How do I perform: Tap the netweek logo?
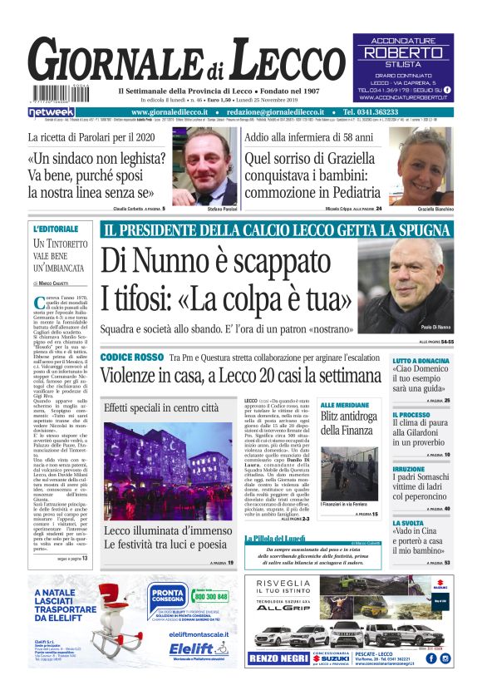pyautogui.click(x=52, y=111)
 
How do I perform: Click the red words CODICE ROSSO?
pyautogui.click(x=132, y=356)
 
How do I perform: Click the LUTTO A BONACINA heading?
pyautogui.click(x=421, y=361)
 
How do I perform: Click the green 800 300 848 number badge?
pyautogui.click(x=210, y=595)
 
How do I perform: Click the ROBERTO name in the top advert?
pyautogui.click(x=403, y=52)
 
